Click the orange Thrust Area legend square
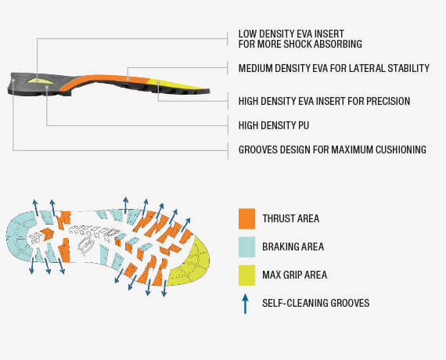246,218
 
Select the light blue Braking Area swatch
246,247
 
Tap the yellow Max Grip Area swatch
246,275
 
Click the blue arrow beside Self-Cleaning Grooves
245,304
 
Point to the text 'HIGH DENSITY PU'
274,125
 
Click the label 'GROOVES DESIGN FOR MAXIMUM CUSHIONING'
333,149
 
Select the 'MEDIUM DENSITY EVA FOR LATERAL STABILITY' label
334,68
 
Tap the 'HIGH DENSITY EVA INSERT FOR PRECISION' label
324,101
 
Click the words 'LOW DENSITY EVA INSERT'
291,34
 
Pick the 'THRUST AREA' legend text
291,218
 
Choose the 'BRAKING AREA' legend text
293,247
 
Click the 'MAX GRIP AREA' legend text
295,275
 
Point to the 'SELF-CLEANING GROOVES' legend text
316,303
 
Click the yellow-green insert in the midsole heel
40,81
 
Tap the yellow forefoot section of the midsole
176,85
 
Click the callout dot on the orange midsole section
128,78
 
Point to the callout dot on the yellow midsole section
158,82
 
